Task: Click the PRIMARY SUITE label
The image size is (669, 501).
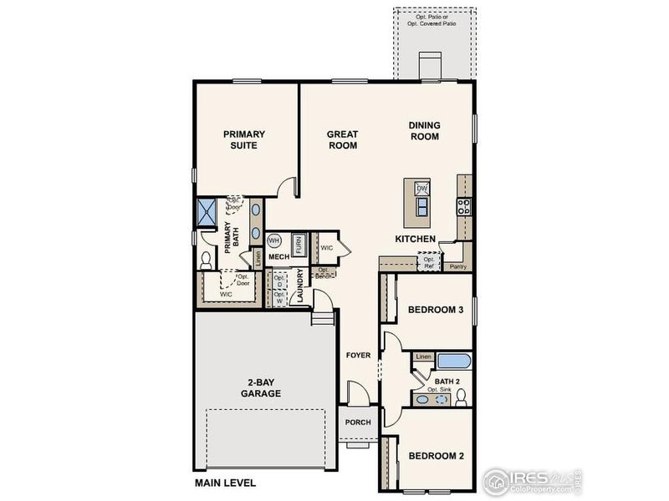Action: tap(243, 139)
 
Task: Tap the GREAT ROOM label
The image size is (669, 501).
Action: tap(342, 139)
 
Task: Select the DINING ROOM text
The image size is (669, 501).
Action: tap(424, 131)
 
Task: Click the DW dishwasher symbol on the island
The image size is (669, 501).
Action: tap(421, 190)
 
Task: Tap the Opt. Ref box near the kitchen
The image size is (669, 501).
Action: tap(429, 262)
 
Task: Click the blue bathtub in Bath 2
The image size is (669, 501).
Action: tap(453, 362)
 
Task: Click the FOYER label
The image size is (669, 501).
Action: tap(358, 355)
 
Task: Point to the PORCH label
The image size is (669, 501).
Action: tap(359, 423)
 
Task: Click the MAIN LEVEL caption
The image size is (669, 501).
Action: tap(225, 483)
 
